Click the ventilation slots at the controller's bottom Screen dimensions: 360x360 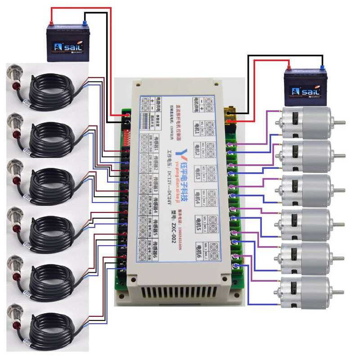point(180,293)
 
